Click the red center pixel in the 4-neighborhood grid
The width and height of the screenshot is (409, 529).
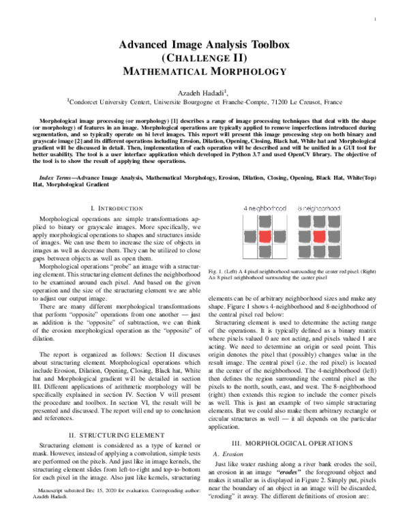pos(263,237)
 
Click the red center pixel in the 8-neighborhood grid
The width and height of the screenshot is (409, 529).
pos(317,237)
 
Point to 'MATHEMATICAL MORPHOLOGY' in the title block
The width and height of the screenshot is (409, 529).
pos(204,70)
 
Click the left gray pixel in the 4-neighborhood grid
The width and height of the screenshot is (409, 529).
pos(247,237)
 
